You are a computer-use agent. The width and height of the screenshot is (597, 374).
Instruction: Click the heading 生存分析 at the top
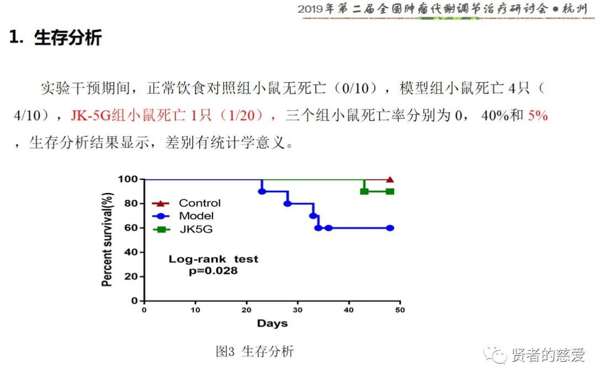point(67,38)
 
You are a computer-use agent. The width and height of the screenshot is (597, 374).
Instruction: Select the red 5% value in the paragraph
point(537,116)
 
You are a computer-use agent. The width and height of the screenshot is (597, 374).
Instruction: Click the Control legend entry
point(199,203)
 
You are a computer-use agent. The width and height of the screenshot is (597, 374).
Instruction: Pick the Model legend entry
point(196,216)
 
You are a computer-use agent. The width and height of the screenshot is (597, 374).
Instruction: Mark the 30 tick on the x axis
point(297,310)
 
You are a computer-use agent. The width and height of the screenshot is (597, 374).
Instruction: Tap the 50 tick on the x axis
point(399,310)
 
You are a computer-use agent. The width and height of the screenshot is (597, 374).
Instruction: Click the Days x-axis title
point(272,323)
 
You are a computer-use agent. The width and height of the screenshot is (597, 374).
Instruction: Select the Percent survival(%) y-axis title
point(107,239)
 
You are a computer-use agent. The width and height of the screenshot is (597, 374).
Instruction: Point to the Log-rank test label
point(213,259)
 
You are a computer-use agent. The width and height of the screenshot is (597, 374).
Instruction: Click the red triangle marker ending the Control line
point(390,180)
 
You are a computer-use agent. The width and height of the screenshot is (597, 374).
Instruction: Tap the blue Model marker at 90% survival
point(262,191)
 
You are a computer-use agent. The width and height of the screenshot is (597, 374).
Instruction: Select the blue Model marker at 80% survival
point(287,204)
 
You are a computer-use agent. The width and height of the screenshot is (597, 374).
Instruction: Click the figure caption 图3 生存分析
point(255,351)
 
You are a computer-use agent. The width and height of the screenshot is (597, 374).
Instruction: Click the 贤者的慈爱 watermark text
point(547,355)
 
